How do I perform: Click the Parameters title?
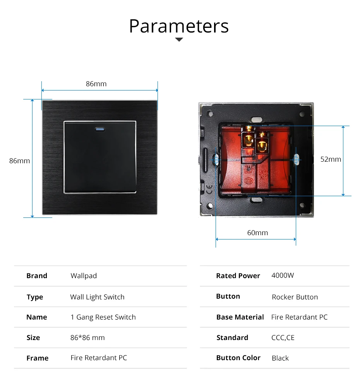(179, 26)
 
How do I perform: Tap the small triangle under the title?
(179, 39)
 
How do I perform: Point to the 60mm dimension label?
(257, 232)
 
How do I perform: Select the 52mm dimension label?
(331, 159)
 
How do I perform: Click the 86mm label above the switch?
(96, 84)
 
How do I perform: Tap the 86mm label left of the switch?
(19, 161)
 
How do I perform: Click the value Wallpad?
(84, 276)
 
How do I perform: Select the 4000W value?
(283, 275)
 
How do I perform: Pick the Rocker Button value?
(295, 297)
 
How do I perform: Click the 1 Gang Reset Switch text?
(103, 317)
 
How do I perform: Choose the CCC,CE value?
(283, 338)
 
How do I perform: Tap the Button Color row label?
(238, 358)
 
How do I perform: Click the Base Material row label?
(240, 317)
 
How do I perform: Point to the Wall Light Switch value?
(97, 297)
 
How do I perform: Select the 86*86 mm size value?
(87, 338)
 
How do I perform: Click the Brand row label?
(37, 276)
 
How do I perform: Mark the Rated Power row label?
(238, 276)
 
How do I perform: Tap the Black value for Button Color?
(280, 358)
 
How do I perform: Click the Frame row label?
(37, 358)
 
